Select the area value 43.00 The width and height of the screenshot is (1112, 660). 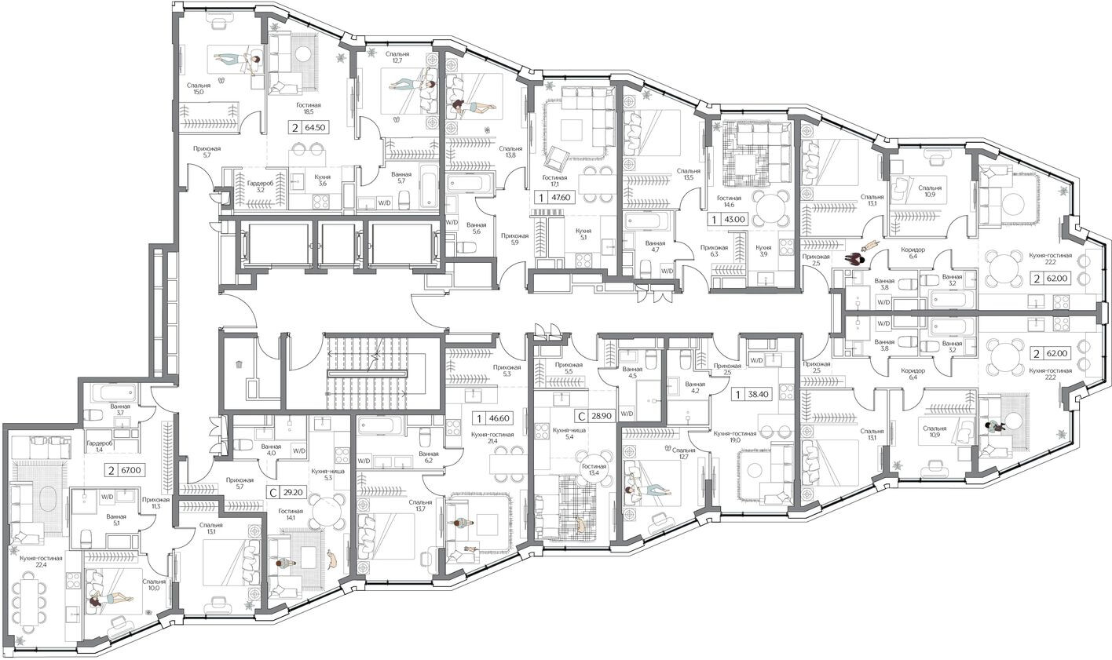tap(737, 220)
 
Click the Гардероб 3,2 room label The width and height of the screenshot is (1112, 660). tap(259, 186)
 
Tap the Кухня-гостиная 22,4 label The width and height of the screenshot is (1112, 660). tap(42, 560)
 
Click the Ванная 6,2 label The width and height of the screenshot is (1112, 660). tap(428, 458)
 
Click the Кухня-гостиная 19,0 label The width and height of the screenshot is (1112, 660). tap(734, 437)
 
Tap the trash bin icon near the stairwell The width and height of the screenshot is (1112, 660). tap(239, 363)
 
